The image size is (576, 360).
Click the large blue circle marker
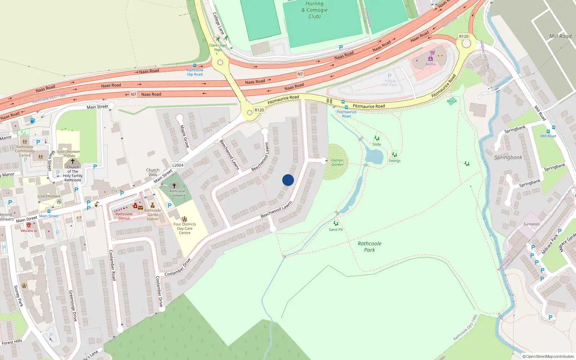pos(288,180)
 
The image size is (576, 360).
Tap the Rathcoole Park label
pos(369,247)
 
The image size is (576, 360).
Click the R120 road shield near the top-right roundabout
pos(464,36)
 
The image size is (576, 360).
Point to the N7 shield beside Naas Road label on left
pos(134,94)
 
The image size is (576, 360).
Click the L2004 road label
pos(178,165)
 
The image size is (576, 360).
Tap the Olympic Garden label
pos(337,162)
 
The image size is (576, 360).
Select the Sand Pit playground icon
pos(336,224)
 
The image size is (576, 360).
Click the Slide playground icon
pos(377,138)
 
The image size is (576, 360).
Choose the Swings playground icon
pos(395,155)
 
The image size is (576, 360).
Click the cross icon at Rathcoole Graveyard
pos(174,186)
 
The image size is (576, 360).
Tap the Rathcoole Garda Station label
pos(153,215)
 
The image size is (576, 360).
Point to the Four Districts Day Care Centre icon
pos(185,219)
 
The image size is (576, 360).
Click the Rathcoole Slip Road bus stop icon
pos(195,66)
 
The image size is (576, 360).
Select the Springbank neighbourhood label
pos(508,157)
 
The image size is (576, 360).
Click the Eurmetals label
pos(531,224)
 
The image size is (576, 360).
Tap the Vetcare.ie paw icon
pos(29,225)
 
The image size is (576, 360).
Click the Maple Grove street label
pos(184,136)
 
